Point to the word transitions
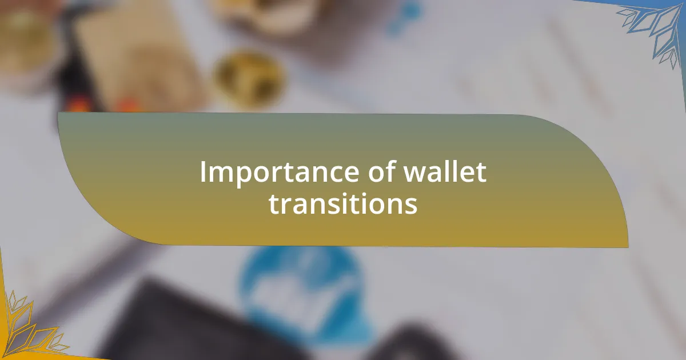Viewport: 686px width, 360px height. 343,204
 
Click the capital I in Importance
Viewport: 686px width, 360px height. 203,172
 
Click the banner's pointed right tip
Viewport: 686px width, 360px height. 627,246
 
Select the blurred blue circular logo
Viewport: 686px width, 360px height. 303,286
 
